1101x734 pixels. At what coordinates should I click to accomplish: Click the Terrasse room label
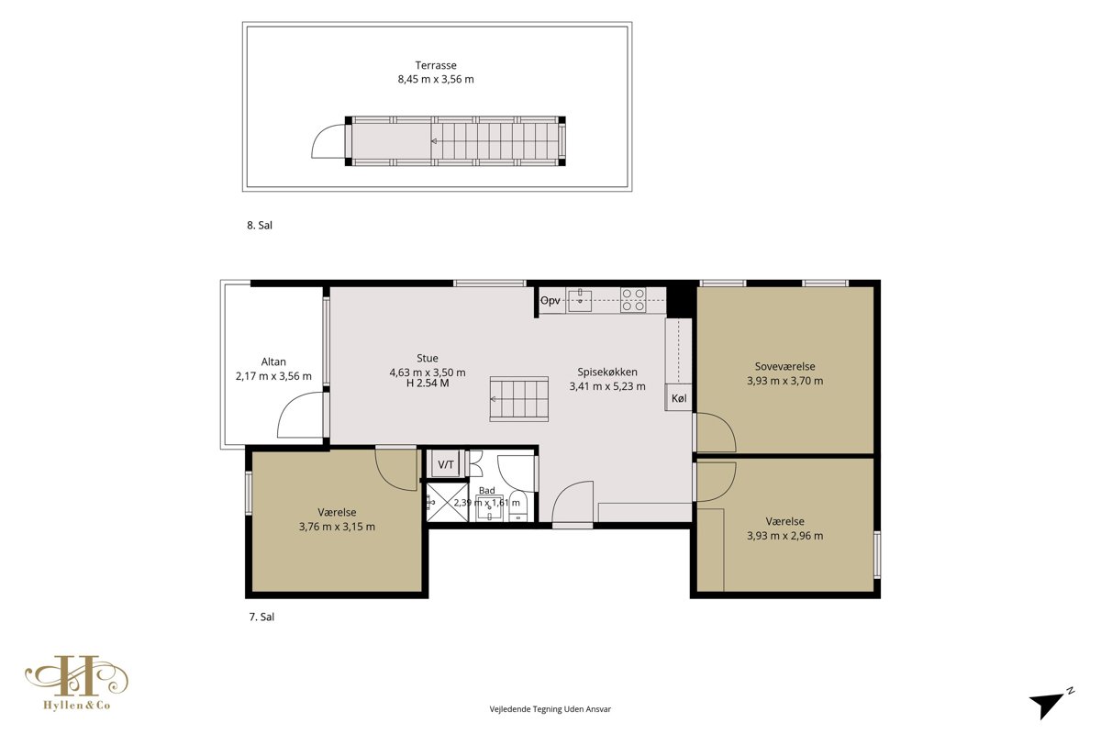pyautogui.click(x=436, y=65)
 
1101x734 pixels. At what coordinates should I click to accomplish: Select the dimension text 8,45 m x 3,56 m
pyautogui.click(x=436, y=79)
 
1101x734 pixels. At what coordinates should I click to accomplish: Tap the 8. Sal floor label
pyautogui.click(x=260, y=225)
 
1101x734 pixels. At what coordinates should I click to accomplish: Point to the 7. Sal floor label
pyautogui.click(x=261, y=617)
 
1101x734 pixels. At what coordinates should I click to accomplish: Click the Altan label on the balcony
pyautogui.click(x=273, y=361)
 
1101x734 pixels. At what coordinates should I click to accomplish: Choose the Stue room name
pyautogui.click(x=428, y=359)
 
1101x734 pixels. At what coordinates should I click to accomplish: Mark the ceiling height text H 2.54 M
pyautogui.click(x=428, y=384)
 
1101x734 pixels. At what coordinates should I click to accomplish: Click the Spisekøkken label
pyautogui.click(x=607, y=373)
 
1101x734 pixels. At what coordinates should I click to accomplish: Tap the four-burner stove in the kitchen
pyautogui.click(x=632, y=300)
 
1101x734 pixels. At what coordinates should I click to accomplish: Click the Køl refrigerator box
pyautogui.click(x=679, y=397)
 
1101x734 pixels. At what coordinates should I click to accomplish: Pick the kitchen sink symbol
pyautogui.click(x=580, y=300)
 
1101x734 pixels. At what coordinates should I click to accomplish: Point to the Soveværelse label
pyautogui.click(x=785, y=366)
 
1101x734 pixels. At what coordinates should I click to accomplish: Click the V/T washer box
pyautogui.click(x=446, y=464)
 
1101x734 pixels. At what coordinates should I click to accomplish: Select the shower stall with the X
pyautogui.click(x=448, y=502)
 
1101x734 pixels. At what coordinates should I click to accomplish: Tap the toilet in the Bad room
pyautogui.click(x=518, y=506)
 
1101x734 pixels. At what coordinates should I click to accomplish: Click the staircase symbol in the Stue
pyautogui.click(x=518, y=399)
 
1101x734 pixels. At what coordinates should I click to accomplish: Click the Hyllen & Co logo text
pyautogui.click(x=77, y=706)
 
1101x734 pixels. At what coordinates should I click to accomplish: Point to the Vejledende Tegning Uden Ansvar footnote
pyautogui.click(x=550, y=709)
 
